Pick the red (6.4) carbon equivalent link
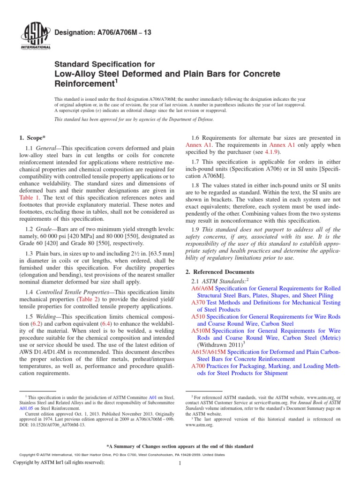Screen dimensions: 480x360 (x=114, y=324)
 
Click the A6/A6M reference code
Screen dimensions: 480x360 (x=203, y=289)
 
